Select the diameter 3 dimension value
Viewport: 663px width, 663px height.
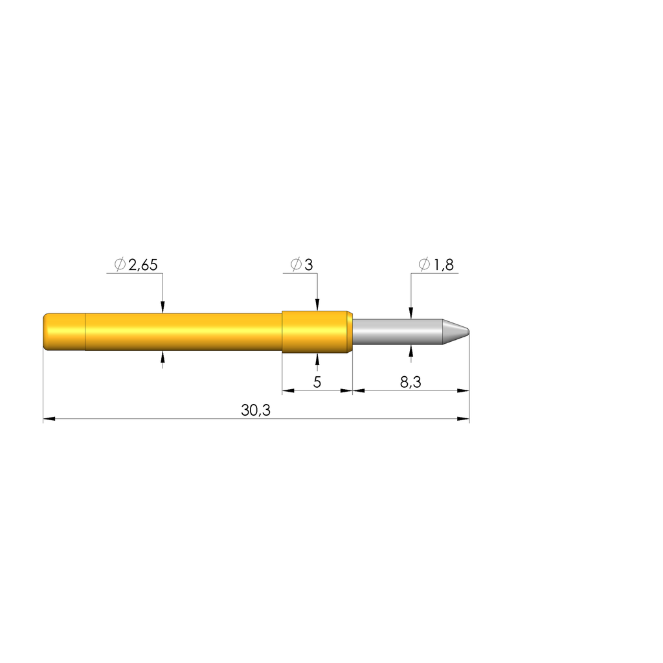pos(309,265)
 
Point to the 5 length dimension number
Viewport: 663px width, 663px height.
pos(317,382)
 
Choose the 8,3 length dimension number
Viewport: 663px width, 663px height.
pos(410,382)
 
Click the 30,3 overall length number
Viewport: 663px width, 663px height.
pos(255,410)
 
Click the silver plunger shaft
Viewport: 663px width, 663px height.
pos(398,331)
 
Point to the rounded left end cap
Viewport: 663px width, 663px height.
pos(64,332)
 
